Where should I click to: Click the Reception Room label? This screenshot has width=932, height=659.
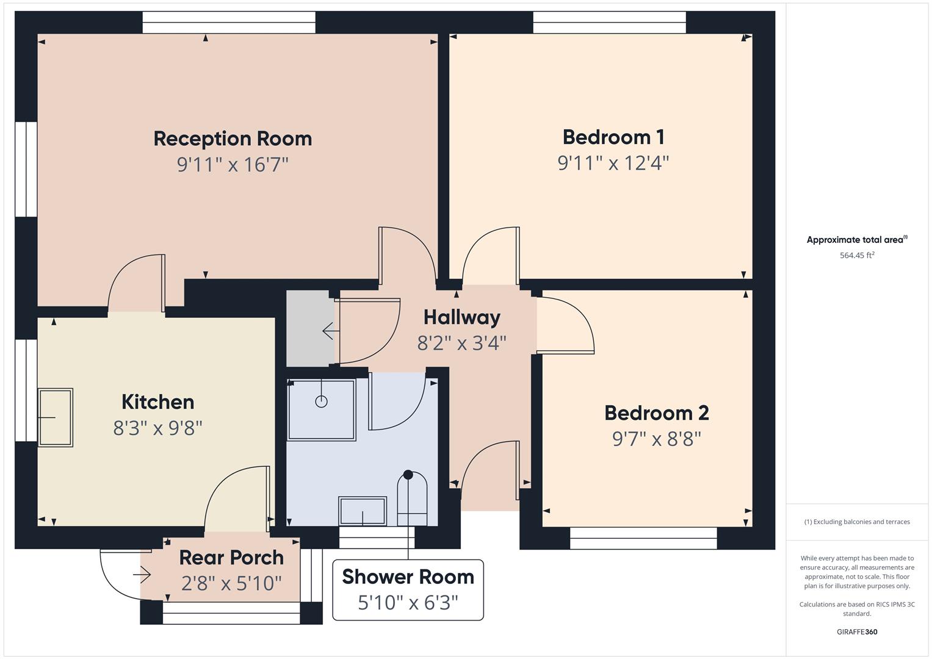[233, 139]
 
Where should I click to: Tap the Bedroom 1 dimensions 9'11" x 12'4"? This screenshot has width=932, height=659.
[613, 164]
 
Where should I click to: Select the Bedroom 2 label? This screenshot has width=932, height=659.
[656, 413]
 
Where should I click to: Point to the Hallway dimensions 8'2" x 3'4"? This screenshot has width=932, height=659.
[461, 343]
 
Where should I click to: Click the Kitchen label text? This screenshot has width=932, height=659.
[157, 402]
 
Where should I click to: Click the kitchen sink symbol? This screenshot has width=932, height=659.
[56, 417]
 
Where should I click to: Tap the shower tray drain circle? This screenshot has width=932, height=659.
[321, 402]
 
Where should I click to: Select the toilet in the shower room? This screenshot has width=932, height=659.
[412, 499]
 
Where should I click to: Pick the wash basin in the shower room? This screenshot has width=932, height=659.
[363, 511]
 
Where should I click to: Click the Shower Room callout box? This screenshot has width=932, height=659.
[408, 589]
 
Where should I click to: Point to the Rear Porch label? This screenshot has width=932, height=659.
[231, 558]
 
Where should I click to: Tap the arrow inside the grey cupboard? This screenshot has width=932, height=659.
[330, 331]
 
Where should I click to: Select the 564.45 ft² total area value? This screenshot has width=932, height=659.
[856, 256]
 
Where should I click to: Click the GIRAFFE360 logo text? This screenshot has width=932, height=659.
[856, 632]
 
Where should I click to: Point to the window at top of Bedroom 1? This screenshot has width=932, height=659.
[609, 23]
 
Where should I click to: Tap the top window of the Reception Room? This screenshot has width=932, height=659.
[229, 23]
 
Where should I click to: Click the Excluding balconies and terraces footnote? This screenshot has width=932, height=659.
[856, 522]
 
